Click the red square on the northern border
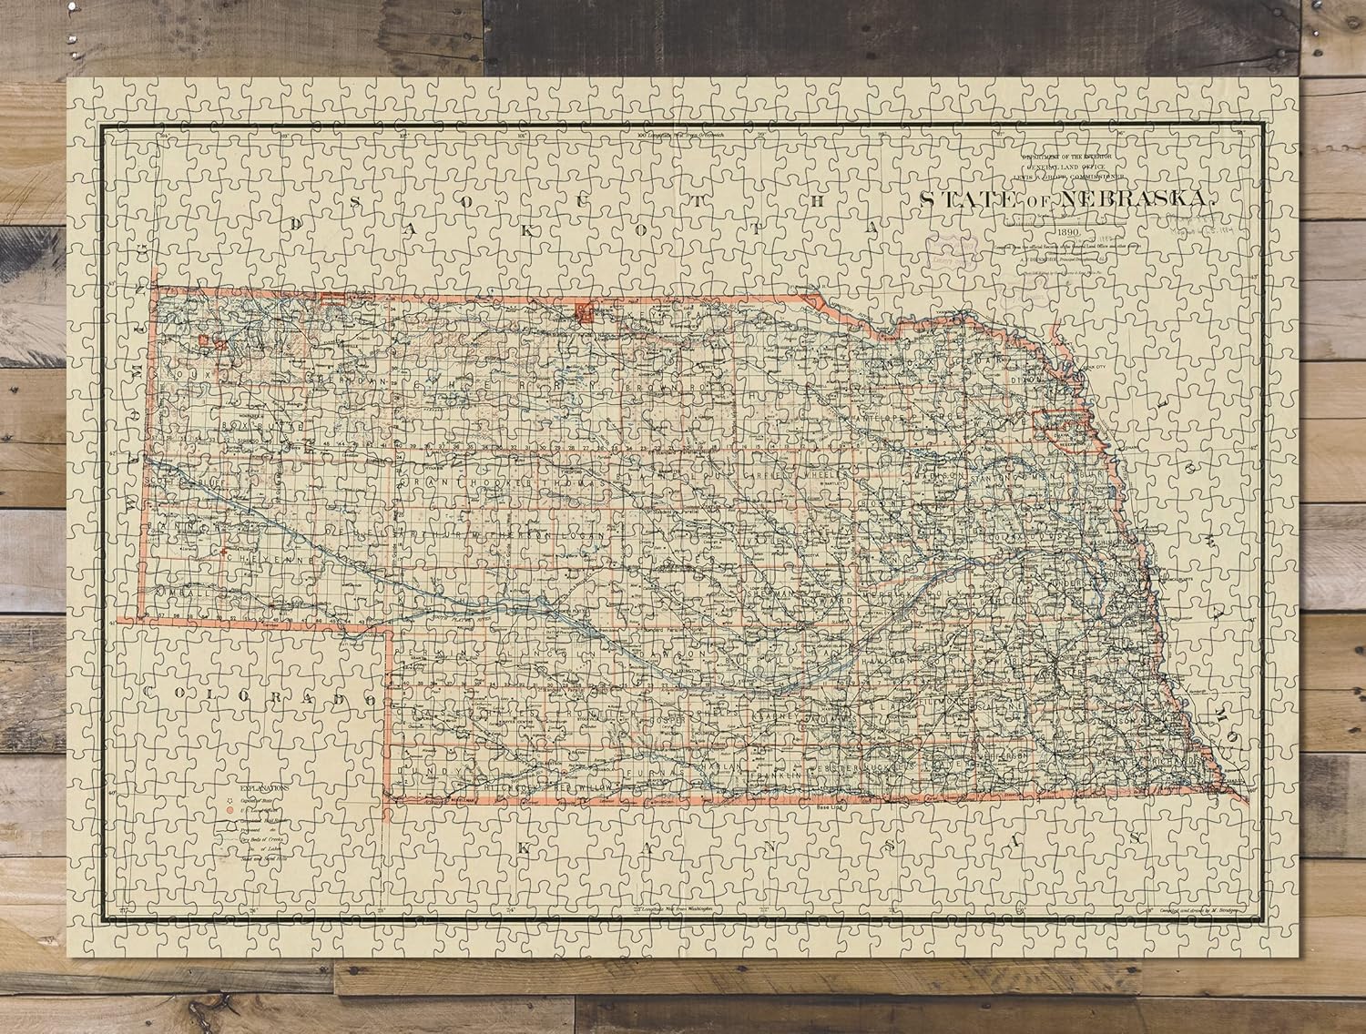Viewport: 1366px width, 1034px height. [x=583, y=314]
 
